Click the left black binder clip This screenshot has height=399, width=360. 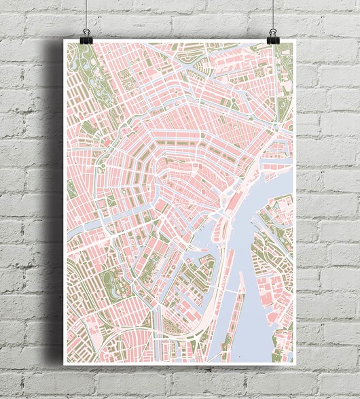pyautogui.click(x=86, y=35)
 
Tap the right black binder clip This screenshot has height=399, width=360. pyautogui.click(x=273, y=35)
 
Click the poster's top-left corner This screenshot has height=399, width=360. pyautogui.click(x=64, y=40)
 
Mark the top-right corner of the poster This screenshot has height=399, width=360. pyautogui.click(x=295, y=40)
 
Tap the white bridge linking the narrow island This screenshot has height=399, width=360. pyautogui.click(x=235, y=291)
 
